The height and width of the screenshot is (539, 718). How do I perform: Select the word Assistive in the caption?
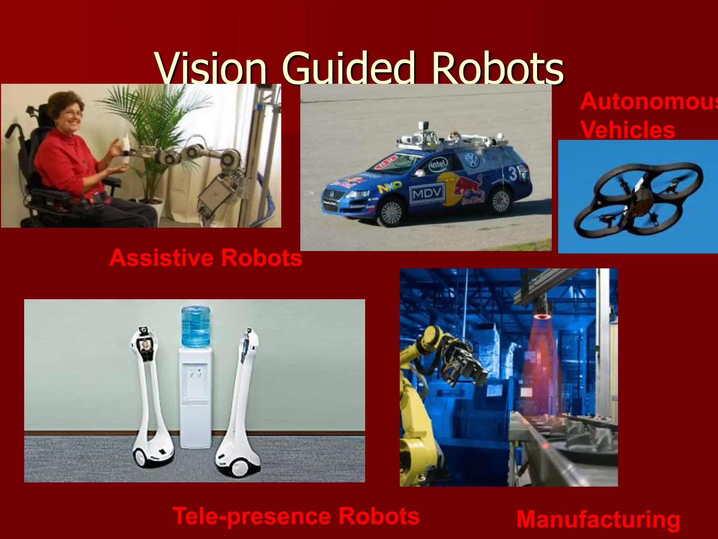tap(161, 258)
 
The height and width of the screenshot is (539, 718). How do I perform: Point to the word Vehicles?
tap(628, 130)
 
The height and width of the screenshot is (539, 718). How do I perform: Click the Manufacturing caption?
tap(598, 519)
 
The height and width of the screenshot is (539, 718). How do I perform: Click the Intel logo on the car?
tap(438, 163)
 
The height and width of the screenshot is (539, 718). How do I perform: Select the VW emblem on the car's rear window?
tap(472, 160)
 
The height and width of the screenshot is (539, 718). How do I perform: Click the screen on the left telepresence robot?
tap(145, 346)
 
